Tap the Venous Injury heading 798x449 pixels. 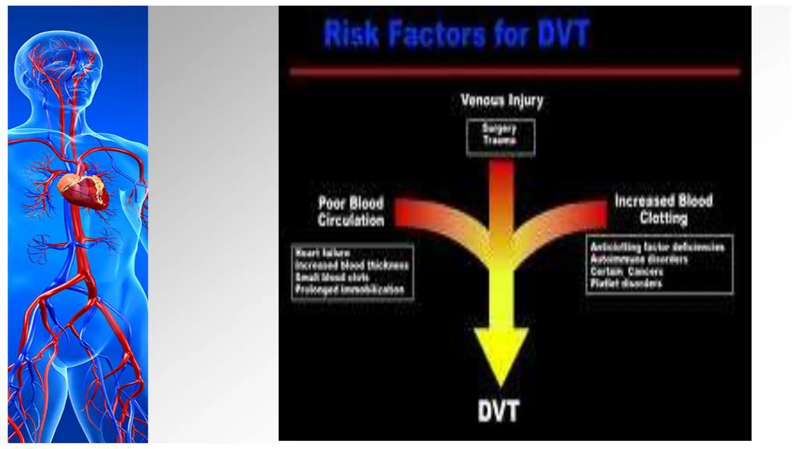point(501,101)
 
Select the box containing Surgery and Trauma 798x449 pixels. point(500,138)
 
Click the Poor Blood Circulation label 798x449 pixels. point(351,211)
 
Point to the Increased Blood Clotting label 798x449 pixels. point(664,209)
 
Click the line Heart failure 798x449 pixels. point(323,253)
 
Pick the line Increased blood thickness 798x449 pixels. point(351,265)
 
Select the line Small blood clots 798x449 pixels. point(332,278)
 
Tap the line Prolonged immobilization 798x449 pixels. point(350,290)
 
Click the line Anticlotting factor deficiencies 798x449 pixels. point(657,247)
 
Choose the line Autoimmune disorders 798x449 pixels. point(639,259)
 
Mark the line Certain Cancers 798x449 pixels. point(627,271)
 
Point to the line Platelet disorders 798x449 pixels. point(626,283)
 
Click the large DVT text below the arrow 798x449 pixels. point(498,411)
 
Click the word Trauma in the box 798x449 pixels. point(500,141)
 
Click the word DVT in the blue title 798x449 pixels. point(563,34)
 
